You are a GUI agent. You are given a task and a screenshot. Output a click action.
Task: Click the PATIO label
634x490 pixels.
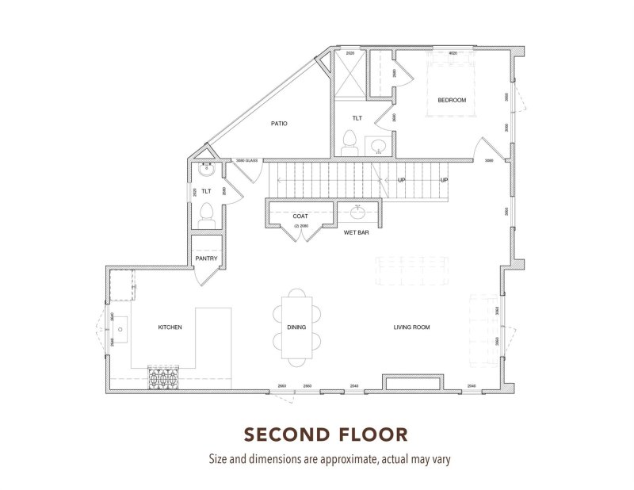[278, 124]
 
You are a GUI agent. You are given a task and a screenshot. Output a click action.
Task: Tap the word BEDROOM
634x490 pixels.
[452, 99]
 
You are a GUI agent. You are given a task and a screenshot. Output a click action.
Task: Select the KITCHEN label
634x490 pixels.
[170, 327]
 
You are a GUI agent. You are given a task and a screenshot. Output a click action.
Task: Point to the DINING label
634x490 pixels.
[296, 327]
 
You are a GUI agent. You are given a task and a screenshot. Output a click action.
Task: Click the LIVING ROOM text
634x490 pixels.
[411, 327]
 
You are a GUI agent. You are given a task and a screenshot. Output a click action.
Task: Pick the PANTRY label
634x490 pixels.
[206, 258]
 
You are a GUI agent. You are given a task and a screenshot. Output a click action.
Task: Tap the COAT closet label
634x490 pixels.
[300, 216]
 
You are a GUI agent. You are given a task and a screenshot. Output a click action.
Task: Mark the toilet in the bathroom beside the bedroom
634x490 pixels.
[348, 144]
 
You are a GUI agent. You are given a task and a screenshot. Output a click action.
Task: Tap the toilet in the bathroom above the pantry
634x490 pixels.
[206, 213]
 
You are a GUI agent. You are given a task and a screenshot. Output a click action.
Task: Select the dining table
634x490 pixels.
[297, 327]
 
